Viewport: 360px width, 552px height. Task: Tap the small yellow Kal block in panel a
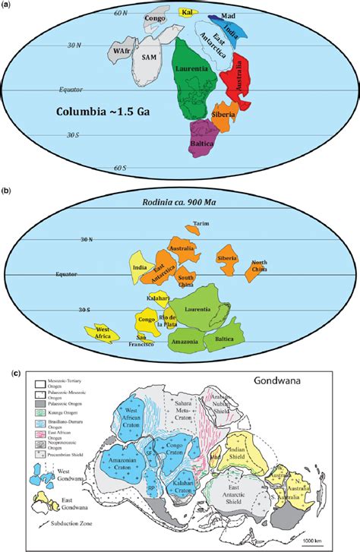pos(185,12)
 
